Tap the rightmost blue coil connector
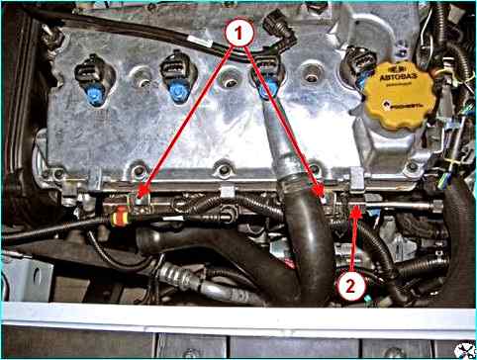[x=266, y=92]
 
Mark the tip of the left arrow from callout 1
[x=142, y=197]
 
